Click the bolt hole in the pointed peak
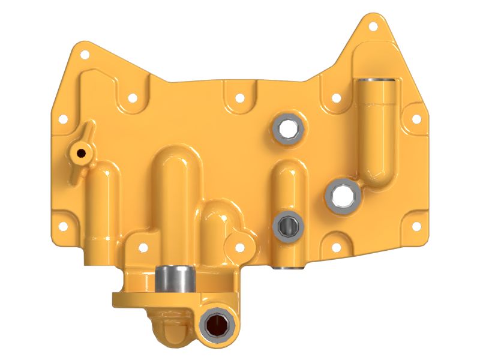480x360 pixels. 374,27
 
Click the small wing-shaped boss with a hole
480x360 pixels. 80,152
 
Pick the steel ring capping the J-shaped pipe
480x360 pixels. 376,82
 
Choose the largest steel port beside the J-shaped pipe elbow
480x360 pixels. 344,196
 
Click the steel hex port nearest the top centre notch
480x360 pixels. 286,128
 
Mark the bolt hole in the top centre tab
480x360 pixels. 239,97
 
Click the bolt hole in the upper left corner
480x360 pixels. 83,55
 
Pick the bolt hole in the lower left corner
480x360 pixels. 62,226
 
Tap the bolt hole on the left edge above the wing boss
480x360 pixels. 62,120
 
